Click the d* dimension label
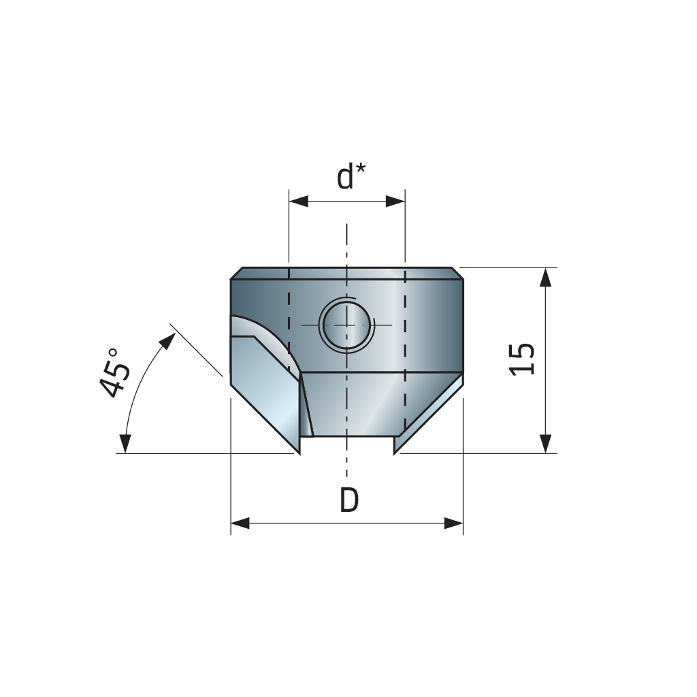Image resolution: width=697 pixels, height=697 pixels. [351, 176]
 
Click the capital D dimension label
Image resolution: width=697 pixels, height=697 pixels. [349, 500]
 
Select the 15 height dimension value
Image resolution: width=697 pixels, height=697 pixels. [522, 359]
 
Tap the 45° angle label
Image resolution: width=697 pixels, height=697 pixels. [114, 372]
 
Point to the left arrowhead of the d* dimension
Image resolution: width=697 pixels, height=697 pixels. [299, 201]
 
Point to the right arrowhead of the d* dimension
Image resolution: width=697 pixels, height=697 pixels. [395, 201]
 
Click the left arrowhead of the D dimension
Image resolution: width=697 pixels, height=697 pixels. [240, 523]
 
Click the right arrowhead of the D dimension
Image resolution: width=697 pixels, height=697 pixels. [453, 523]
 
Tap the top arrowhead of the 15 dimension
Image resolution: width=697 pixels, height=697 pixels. [546, 278]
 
